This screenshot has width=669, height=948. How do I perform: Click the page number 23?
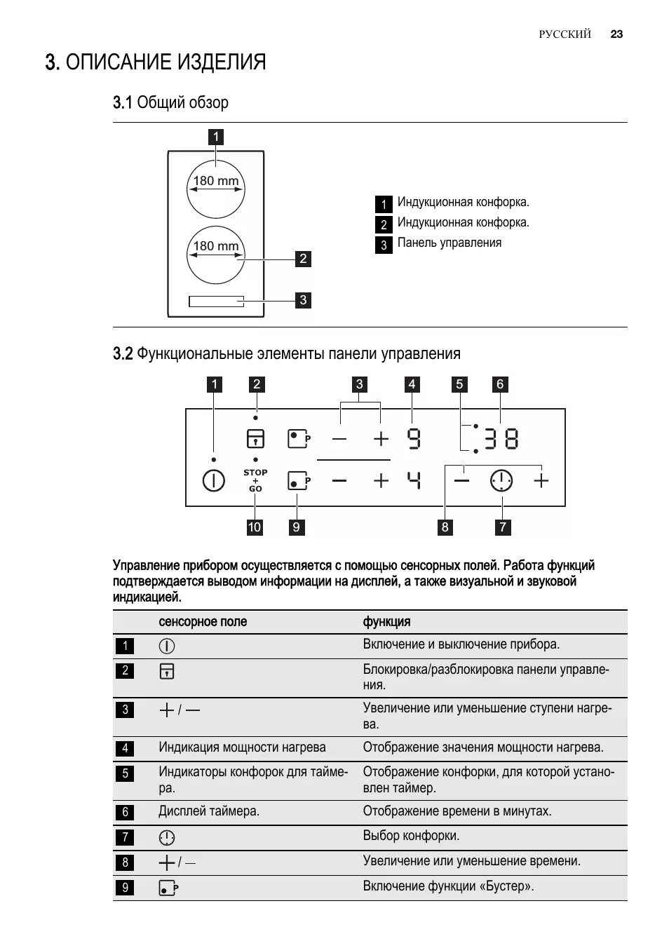point(616,34)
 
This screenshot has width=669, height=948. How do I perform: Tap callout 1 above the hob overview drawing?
point(216,137)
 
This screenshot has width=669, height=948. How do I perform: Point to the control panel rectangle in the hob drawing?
point(216,301)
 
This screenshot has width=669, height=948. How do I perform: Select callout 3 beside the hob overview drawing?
point(303,300)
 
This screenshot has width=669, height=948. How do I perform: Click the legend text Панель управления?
point(450,243)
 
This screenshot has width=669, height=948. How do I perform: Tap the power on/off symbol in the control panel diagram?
point(213,481)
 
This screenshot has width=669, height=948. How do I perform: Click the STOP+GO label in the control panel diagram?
point(255,480)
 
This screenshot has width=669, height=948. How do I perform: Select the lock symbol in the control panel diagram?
point(255,439)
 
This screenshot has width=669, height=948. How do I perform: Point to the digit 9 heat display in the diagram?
point(414,440)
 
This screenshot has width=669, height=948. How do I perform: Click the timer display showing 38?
point(501,440)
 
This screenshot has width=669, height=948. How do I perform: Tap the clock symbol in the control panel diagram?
point(501,481)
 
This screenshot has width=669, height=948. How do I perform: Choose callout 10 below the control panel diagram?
point(254,527)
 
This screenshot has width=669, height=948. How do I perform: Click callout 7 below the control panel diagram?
point(502,527)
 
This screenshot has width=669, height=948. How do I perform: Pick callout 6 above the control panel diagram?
point(500,384)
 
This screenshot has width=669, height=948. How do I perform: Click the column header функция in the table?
point(386,622)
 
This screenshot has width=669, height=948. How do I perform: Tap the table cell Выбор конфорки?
point(411,836)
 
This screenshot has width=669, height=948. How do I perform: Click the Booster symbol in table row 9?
point(168,888)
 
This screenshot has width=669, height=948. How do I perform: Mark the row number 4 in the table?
point(126,748)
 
